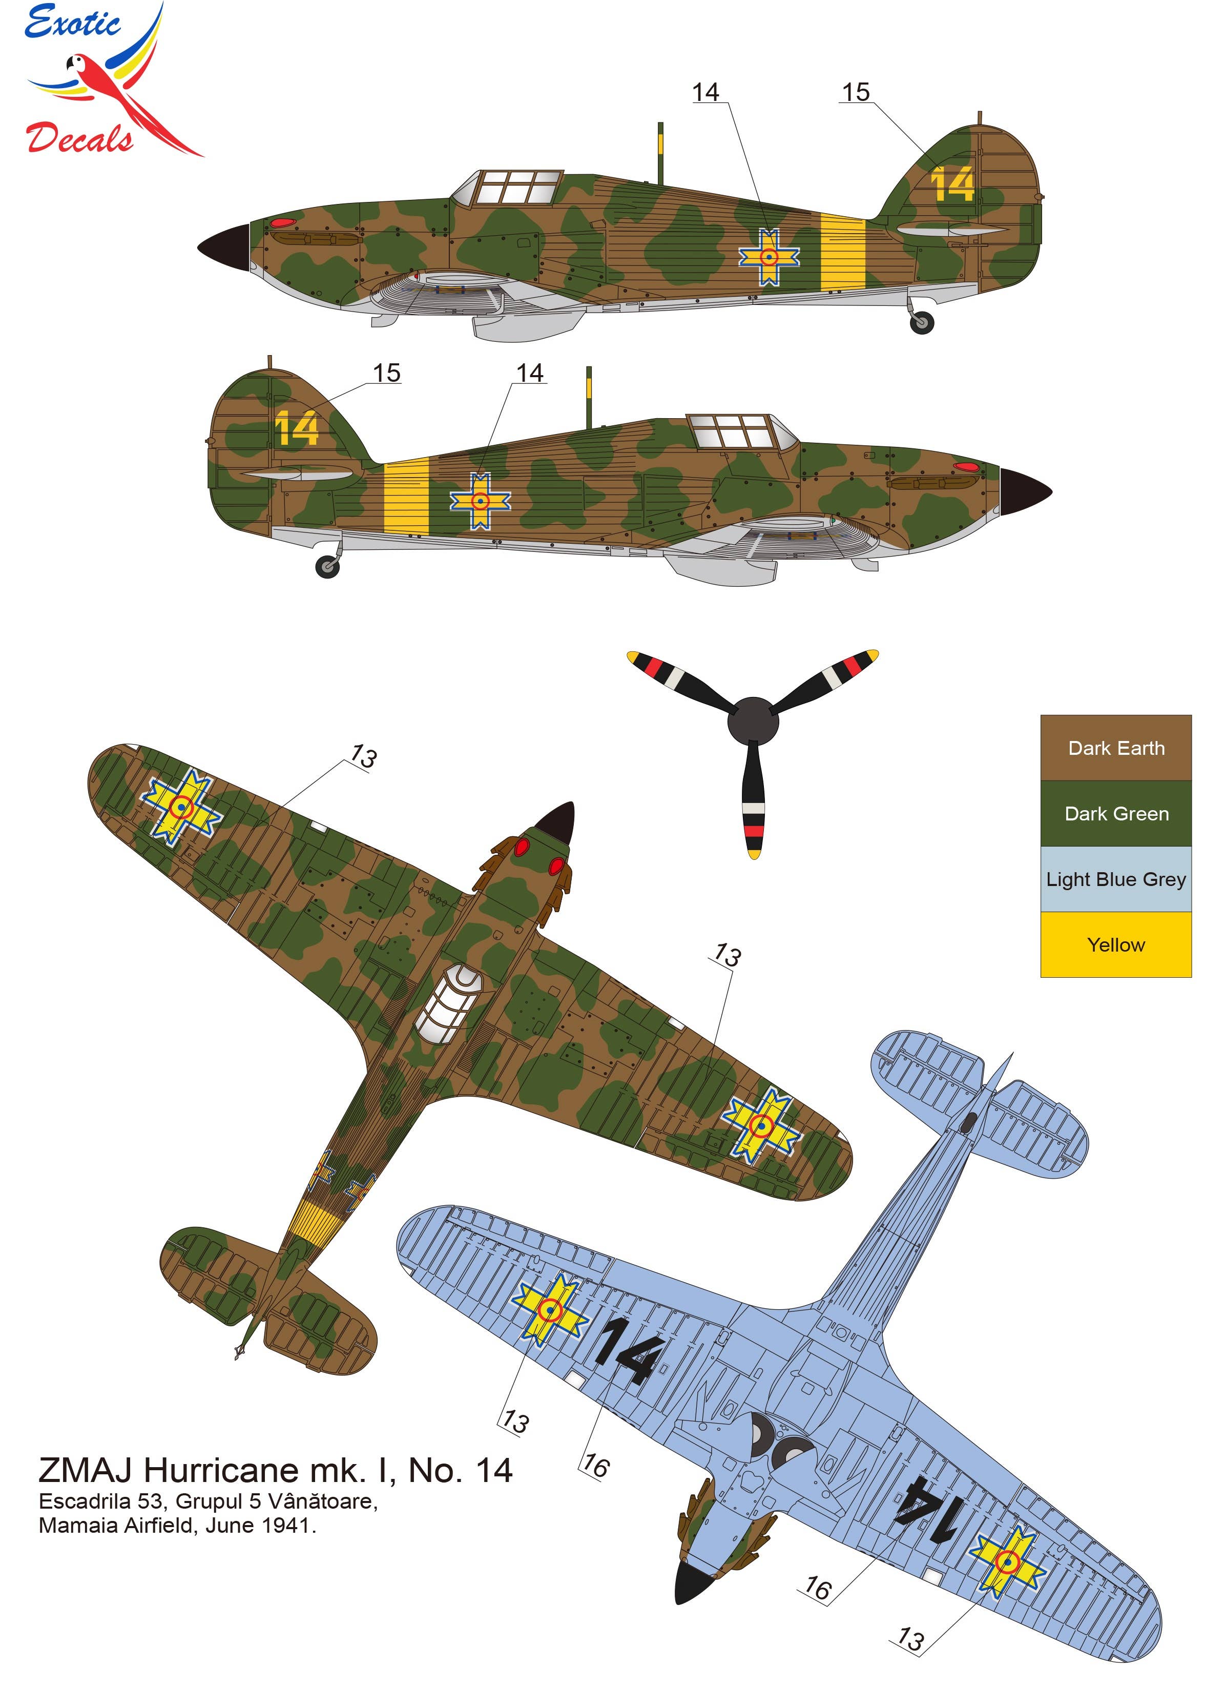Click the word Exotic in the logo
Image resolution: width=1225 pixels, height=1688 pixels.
(x=72, y=23)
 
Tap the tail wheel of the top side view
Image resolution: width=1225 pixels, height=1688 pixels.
(x=921, y=322)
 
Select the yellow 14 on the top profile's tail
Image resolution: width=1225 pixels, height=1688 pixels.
(x=952, y=184)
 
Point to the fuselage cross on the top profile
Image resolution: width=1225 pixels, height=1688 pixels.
(x=769, y=257)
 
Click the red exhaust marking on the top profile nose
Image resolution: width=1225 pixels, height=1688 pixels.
(x=283, y=222)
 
